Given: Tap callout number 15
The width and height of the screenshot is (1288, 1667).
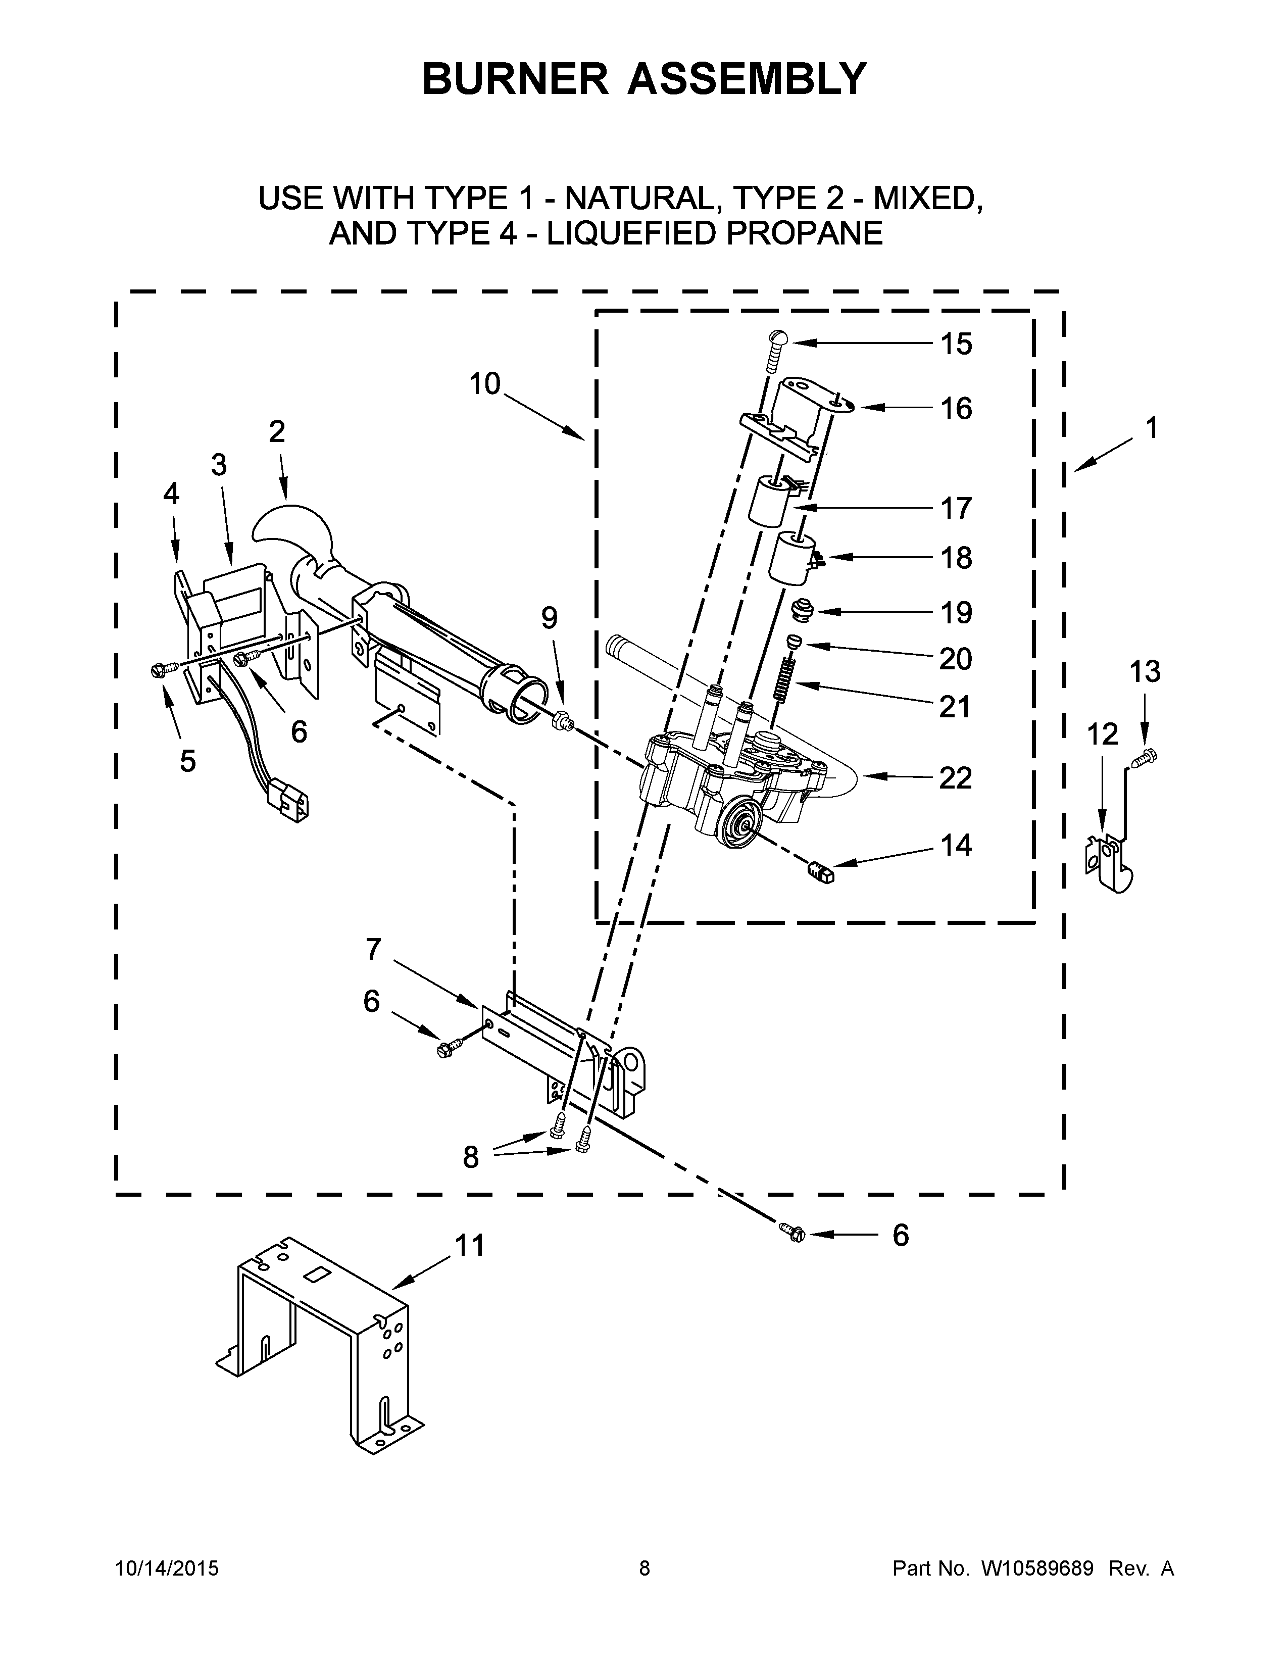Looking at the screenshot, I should tap(955, 344).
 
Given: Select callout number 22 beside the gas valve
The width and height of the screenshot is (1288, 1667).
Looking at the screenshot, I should tap(955, 778).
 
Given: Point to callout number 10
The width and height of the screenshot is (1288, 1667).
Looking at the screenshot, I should tap(484, 384).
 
